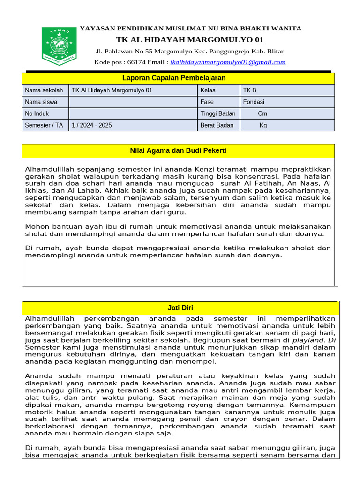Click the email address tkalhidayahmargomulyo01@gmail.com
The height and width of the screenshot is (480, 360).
click(x=228, y=62)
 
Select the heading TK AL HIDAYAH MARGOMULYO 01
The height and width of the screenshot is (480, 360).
click(x=190, y=39)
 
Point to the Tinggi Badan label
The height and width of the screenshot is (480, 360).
click(x=218, y=113)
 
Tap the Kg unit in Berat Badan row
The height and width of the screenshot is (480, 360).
click(x=263, y=125)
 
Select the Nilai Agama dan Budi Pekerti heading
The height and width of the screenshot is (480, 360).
click(x=178, y=150)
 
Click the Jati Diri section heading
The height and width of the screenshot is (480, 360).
click(x=180, y=308)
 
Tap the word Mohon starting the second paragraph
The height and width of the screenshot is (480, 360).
click(x=36, y=226)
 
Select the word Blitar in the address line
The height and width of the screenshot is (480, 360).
click(x=274, y=51)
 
